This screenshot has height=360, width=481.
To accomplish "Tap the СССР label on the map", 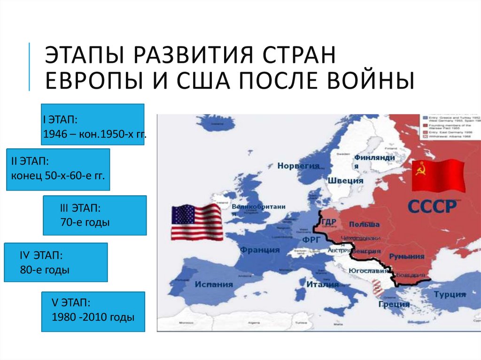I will (x=432, y=207).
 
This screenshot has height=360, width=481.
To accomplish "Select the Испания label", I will (x=214, y=284).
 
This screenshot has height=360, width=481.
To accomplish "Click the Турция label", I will (x=450, y=295).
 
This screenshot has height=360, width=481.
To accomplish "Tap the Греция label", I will (x=394, y=304).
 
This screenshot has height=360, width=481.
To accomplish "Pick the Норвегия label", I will (x=298, y=166).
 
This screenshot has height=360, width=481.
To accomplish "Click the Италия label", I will (x=322, y=284).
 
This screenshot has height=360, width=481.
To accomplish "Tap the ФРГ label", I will (x=311, y=238).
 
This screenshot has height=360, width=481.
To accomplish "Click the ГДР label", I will (x=329, y=222).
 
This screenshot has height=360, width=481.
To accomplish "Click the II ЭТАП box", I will (x=58, y=169).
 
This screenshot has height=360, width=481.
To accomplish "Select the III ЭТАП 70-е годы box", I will (x=94, y=215).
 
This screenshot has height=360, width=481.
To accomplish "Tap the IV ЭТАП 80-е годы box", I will (x=56, y=262).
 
